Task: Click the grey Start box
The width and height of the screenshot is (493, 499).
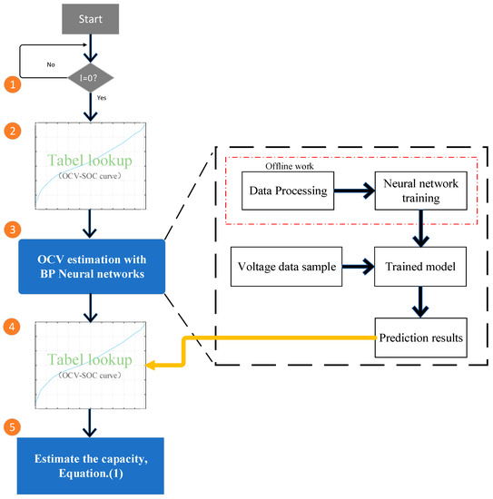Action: [x=90, y=19]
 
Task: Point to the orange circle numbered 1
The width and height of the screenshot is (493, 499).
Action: [x=13, y=85]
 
